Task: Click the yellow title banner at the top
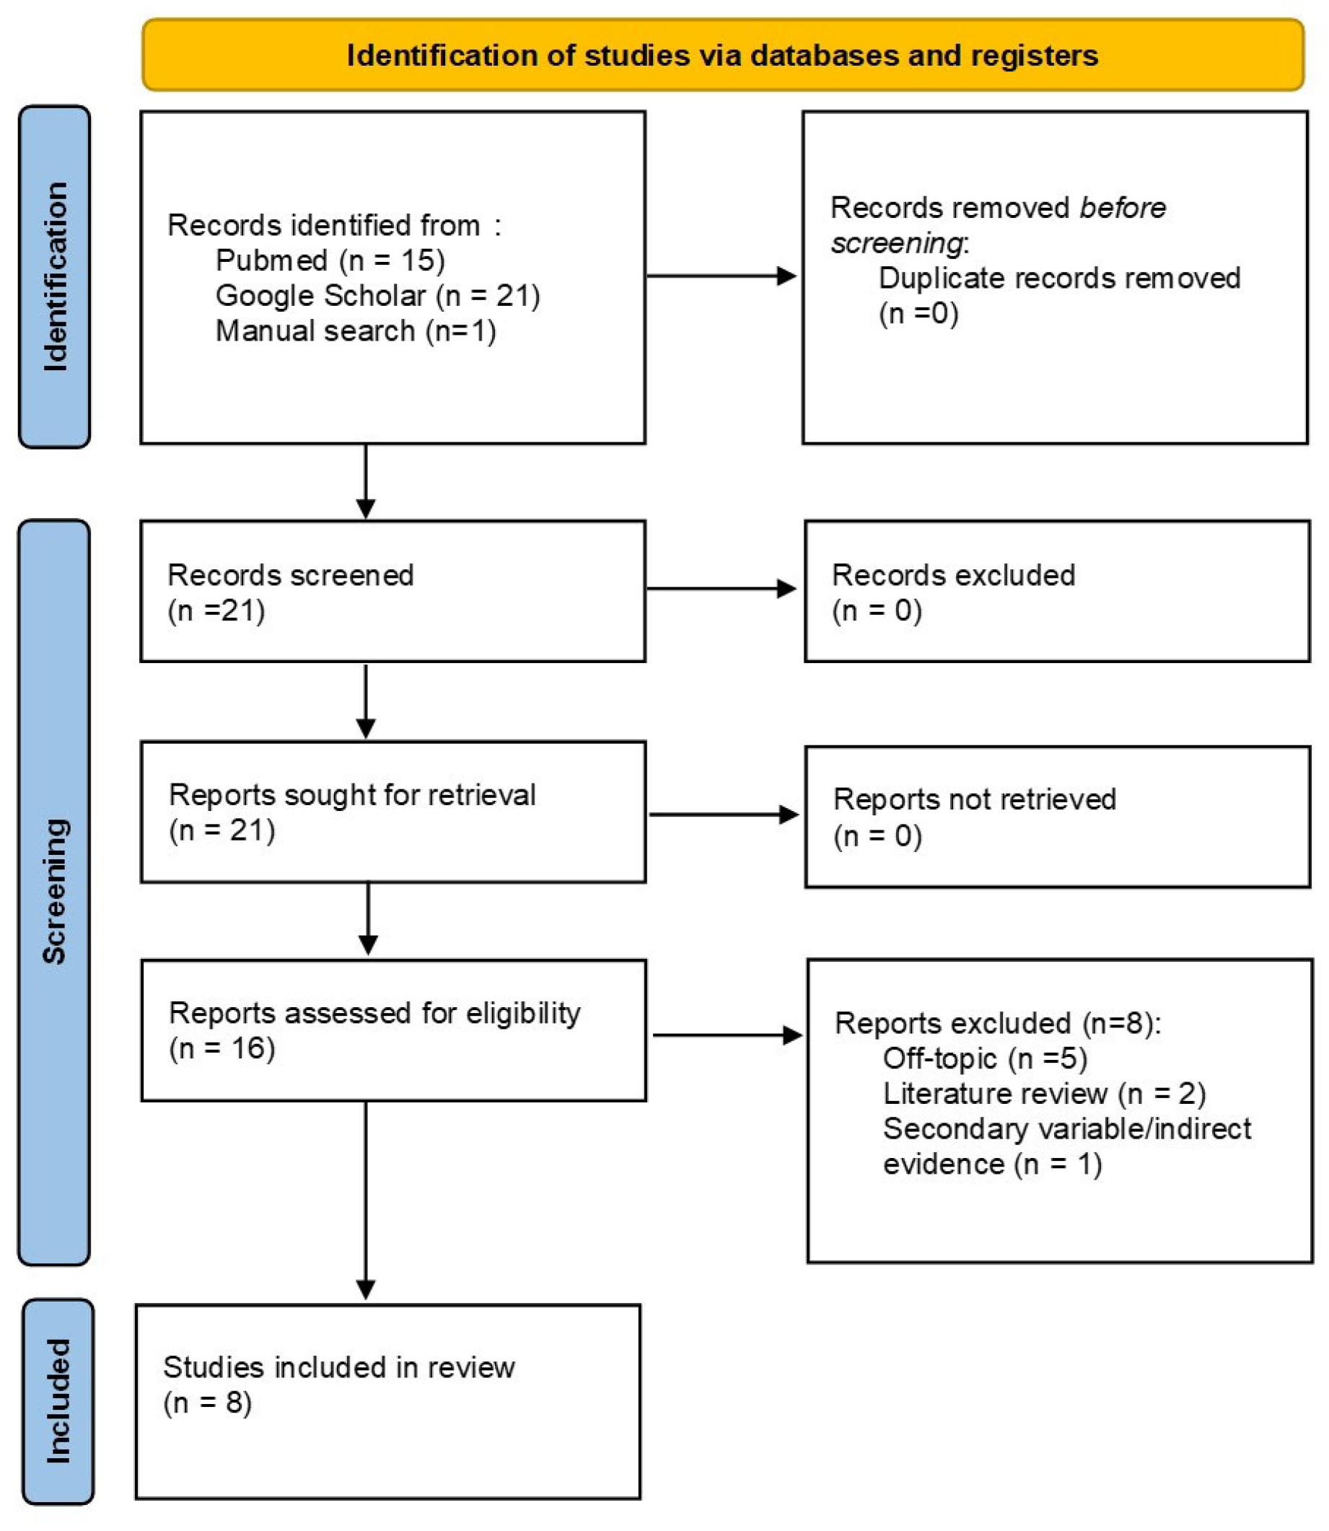pyautogui.click(x=722, y=56)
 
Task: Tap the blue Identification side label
pyautogui.click(x=54, y=276)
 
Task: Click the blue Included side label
pyautogui.click(x=58, y=1401)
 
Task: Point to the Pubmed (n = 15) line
pyautogui.click(x=329, y=260)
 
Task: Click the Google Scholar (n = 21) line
pyautogui.click(x=377, y=295)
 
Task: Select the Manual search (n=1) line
pyautogui.click(x=355, y=331)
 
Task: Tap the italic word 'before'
pyautogui.click(x=1121, y=208)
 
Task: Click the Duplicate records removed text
pyautogui.click(x=1059, y=278)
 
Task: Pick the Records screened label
pyautogui.click(x=290, y=575)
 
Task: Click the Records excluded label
pyautogui.click(x=953, y=575)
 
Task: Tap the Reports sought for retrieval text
pyautogui.click(x=351, y=794)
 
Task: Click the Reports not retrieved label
pyautogui.click(x=974, y=799)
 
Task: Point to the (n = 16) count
pyautogui.click(x=221, y=1048)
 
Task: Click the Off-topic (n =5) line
pyautogui.click(x=984, y=1058)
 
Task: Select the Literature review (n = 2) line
pyautogui.click(x=1043, y=1093)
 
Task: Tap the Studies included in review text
pyautogui.click(x=338, y=1367)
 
